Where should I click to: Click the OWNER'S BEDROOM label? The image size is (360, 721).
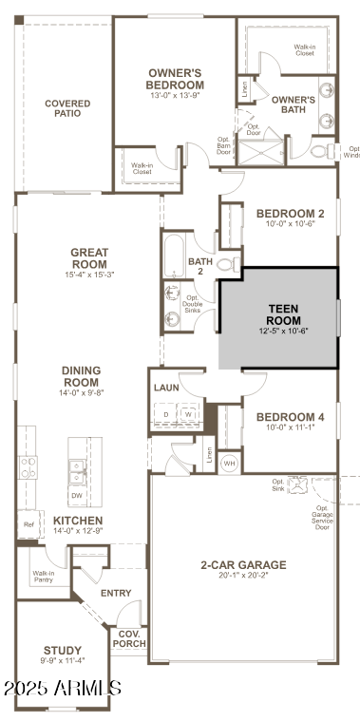176,78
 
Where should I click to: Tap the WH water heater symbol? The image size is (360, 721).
229,463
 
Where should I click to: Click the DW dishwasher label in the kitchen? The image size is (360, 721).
76,495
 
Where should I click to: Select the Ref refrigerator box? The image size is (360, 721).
28,523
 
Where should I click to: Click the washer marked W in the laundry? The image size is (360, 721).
188,414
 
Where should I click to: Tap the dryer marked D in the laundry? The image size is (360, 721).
166,414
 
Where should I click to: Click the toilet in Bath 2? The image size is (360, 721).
227,264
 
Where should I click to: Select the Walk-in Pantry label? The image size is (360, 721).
44,577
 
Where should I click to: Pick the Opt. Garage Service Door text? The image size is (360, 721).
334,517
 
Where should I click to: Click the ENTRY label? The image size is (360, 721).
117,593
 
